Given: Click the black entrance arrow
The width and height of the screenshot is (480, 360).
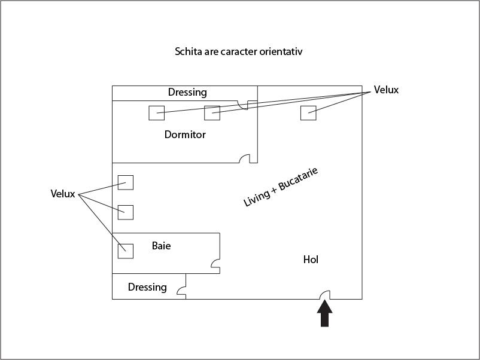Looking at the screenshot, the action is tap(324, 313).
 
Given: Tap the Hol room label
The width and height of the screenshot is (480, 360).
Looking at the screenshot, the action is tap(311, 260).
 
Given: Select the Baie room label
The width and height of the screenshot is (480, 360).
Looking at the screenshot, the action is tap(162, 246).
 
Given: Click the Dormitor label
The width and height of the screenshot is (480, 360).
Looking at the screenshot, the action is tap(185, 135).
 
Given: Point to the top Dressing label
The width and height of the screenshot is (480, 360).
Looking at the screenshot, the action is tap(187, 92).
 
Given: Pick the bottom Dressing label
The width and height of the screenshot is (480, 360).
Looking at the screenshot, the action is tap(147, 287).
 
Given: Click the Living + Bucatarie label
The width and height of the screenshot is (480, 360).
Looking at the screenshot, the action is tap(281, 187).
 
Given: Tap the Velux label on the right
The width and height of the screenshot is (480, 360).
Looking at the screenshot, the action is tap(386, 90).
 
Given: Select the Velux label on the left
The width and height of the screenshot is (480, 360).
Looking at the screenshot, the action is tap(63, 194).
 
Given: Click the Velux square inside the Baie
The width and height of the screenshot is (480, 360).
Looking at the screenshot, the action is tap(126, 251).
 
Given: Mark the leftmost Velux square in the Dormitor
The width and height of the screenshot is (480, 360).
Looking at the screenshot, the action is tap(156, 113).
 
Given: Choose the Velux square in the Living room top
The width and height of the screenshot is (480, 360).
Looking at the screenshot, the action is tap(308, 113).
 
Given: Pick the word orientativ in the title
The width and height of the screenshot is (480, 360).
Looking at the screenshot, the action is tap(281, 51).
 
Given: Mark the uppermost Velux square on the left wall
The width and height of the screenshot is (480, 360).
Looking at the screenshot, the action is tap(126, 182).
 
